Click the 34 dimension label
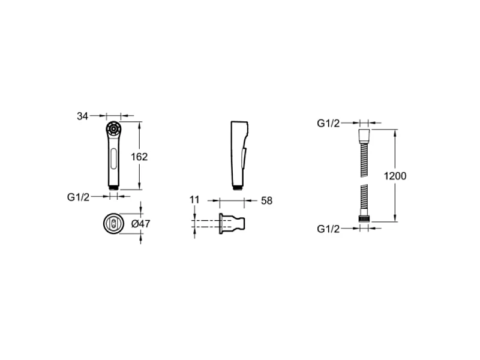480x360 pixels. (x=82, y=116)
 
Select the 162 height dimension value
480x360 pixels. (x=139, y=157)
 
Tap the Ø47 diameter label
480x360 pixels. (x=140, y=224)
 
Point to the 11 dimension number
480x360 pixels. (x=194, y=200)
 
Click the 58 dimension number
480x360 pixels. (x=266, y=201)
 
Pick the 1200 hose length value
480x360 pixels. (x=395, y=176)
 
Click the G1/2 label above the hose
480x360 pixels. (x=328, y=124)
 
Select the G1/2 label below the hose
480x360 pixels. (x=328, y=229)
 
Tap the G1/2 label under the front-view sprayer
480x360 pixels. (x=78, y=197)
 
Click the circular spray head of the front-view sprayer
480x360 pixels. (x=113, y=129)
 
